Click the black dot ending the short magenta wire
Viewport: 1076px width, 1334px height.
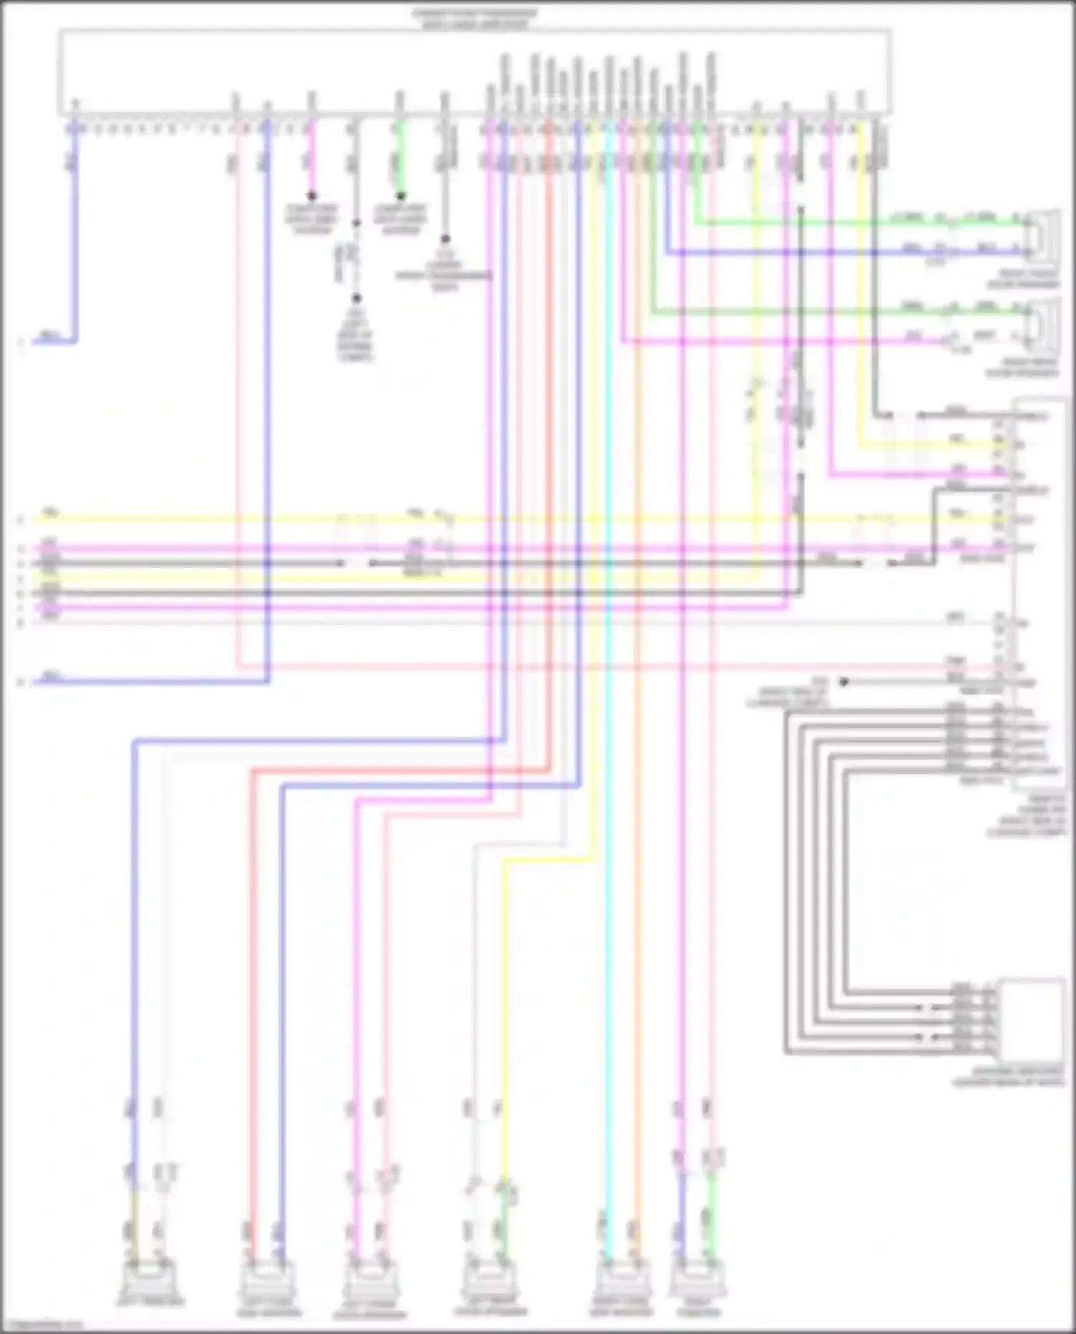pos(311,196)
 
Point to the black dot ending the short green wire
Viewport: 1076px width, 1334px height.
pos(401,196)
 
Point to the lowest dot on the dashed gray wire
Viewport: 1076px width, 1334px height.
pos(356,297)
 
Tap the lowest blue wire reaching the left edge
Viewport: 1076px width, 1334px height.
pos(143,682)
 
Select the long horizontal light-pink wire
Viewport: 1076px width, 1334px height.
pos(574,667)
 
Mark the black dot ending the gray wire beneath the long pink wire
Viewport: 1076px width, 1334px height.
pos(844,682)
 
